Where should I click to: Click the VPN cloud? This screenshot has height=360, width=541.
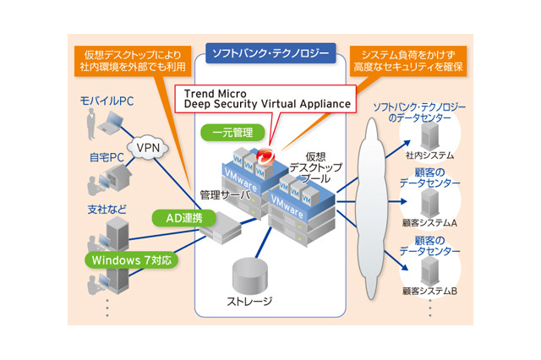point(149,149)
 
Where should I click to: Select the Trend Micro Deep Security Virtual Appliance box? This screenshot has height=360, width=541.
point(263,97)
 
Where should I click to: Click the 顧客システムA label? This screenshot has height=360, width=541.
point(429,223)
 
